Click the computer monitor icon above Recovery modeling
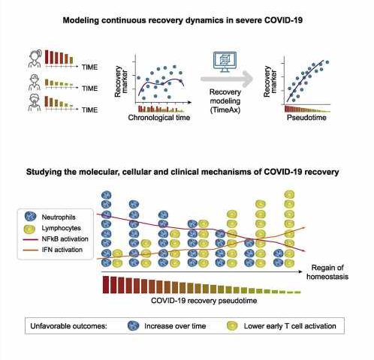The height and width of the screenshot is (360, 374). click(x=225, y=61)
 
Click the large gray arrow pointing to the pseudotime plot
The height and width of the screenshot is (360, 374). click(x=227, y=79)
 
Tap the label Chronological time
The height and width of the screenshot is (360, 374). click(x=159, y=118)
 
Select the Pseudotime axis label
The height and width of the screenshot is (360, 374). click(x=306, y=118)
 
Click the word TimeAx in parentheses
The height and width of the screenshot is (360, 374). click(x=225, y=110)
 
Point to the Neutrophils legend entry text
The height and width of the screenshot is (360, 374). click(x=59, y=217)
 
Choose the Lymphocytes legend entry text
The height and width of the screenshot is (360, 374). click(x=61, y=228)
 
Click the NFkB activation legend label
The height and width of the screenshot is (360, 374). click(x=65, y=238)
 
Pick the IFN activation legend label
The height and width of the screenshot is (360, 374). click(x=62, y=250)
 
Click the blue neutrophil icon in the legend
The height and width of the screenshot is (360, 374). click(x=31, y=217)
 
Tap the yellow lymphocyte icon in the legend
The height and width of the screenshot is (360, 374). click(x=31, y=228)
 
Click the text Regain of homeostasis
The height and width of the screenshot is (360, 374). click(x=327, y=272)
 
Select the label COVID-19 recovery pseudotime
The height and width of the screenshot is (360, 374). click(x=204, y=300)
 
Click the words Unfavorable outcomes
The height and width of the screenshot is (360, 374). click(x=68, y=326)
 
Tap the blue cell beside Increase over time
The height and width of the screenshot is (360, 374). click(x=133, y=325)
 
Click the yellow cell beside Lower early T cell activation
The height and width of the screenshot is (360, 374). click(x=232, y=325)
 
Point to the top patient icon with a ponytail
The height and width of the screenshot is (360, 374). click(x=35, y=58)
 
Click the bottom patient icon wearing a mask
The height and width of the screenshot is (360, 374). click(x=35, y=103)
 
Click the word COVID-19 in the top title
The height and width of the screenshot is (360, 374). click(x=283, y=20)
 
